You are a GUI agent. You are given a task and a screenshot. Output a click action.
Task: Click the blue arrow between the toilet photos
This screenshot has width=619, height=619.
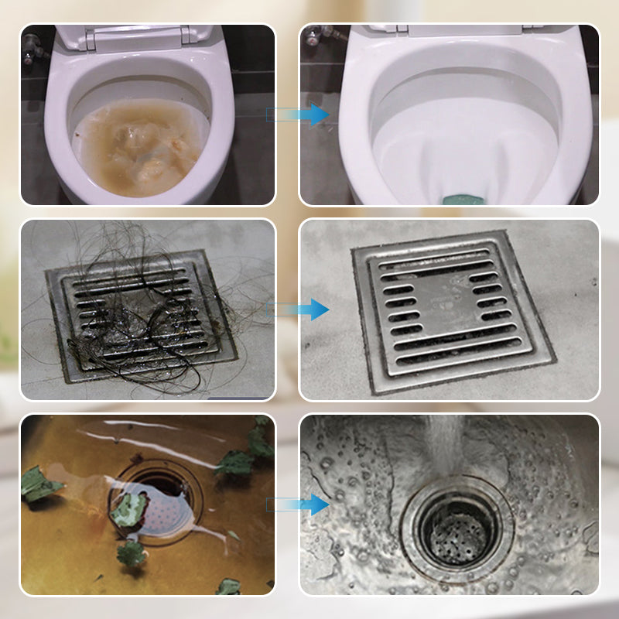coord(313,115)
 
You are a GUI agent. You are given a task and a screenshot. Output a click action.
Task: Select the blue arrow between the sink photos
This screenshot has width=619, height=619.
coord(313,504)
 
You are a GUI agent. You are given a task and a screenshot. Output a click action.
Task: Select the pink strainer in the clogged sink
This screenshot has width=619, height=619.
coord(159,515)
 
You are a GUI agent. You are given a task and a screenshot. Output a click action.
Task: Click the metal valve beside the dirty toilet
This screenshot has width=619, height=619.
coord(32,48)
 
